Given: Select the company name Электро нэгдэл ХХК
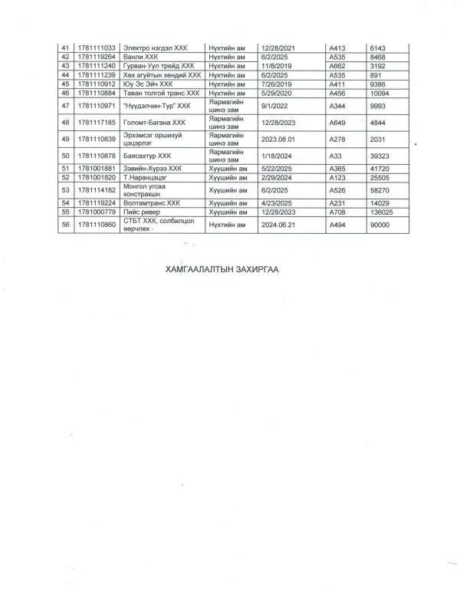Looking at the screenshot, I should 156,48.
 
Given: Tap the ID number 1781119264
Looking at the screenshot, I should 96,57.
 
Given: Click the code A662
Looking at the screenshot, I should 337,66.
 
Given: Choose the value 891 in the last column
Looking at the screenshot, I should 376,75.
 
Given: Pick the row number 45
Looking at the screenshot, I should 65,84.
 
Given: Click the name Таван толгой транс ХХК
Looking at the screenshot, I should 161,93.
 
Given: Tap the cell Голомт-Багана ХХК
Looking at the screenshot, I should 154,122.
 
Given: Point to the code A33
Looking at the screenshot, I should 334,155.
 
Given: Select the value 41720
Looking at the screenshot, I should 381,168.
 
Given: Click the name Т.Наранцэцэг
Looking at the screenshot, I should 145,176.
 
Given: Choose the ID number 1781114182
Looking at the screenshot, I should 96,189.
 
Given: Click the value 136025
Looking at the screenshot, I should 383,211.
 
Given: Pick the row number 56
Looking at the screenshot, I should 65,224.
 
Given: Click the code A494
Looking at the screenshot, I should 337,224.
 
